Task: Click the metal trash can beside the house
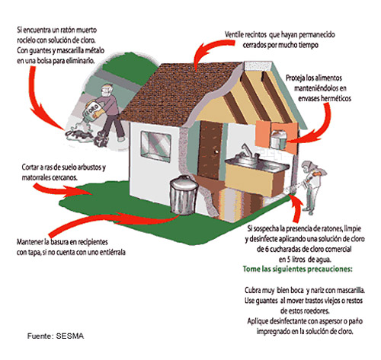click(x=184, y=195)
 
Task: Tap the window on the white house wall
click(x=155, y=146)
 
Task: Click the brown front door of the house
click(x=210, y=150)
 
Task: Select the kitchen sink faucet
click(x=247, y=151)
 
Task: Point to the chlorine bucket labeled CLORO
click(x=93, y=110)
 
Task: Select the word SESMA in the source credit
click(x=70, y=336)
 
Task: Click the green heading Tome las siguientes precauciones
click(x=298, y=269)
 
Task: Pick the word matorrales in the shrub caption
click(x=36, y=177)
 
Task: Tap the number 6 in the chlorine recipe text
click(x=267, y=249)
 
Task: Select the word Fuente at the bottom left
click(x=40, y=336)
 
